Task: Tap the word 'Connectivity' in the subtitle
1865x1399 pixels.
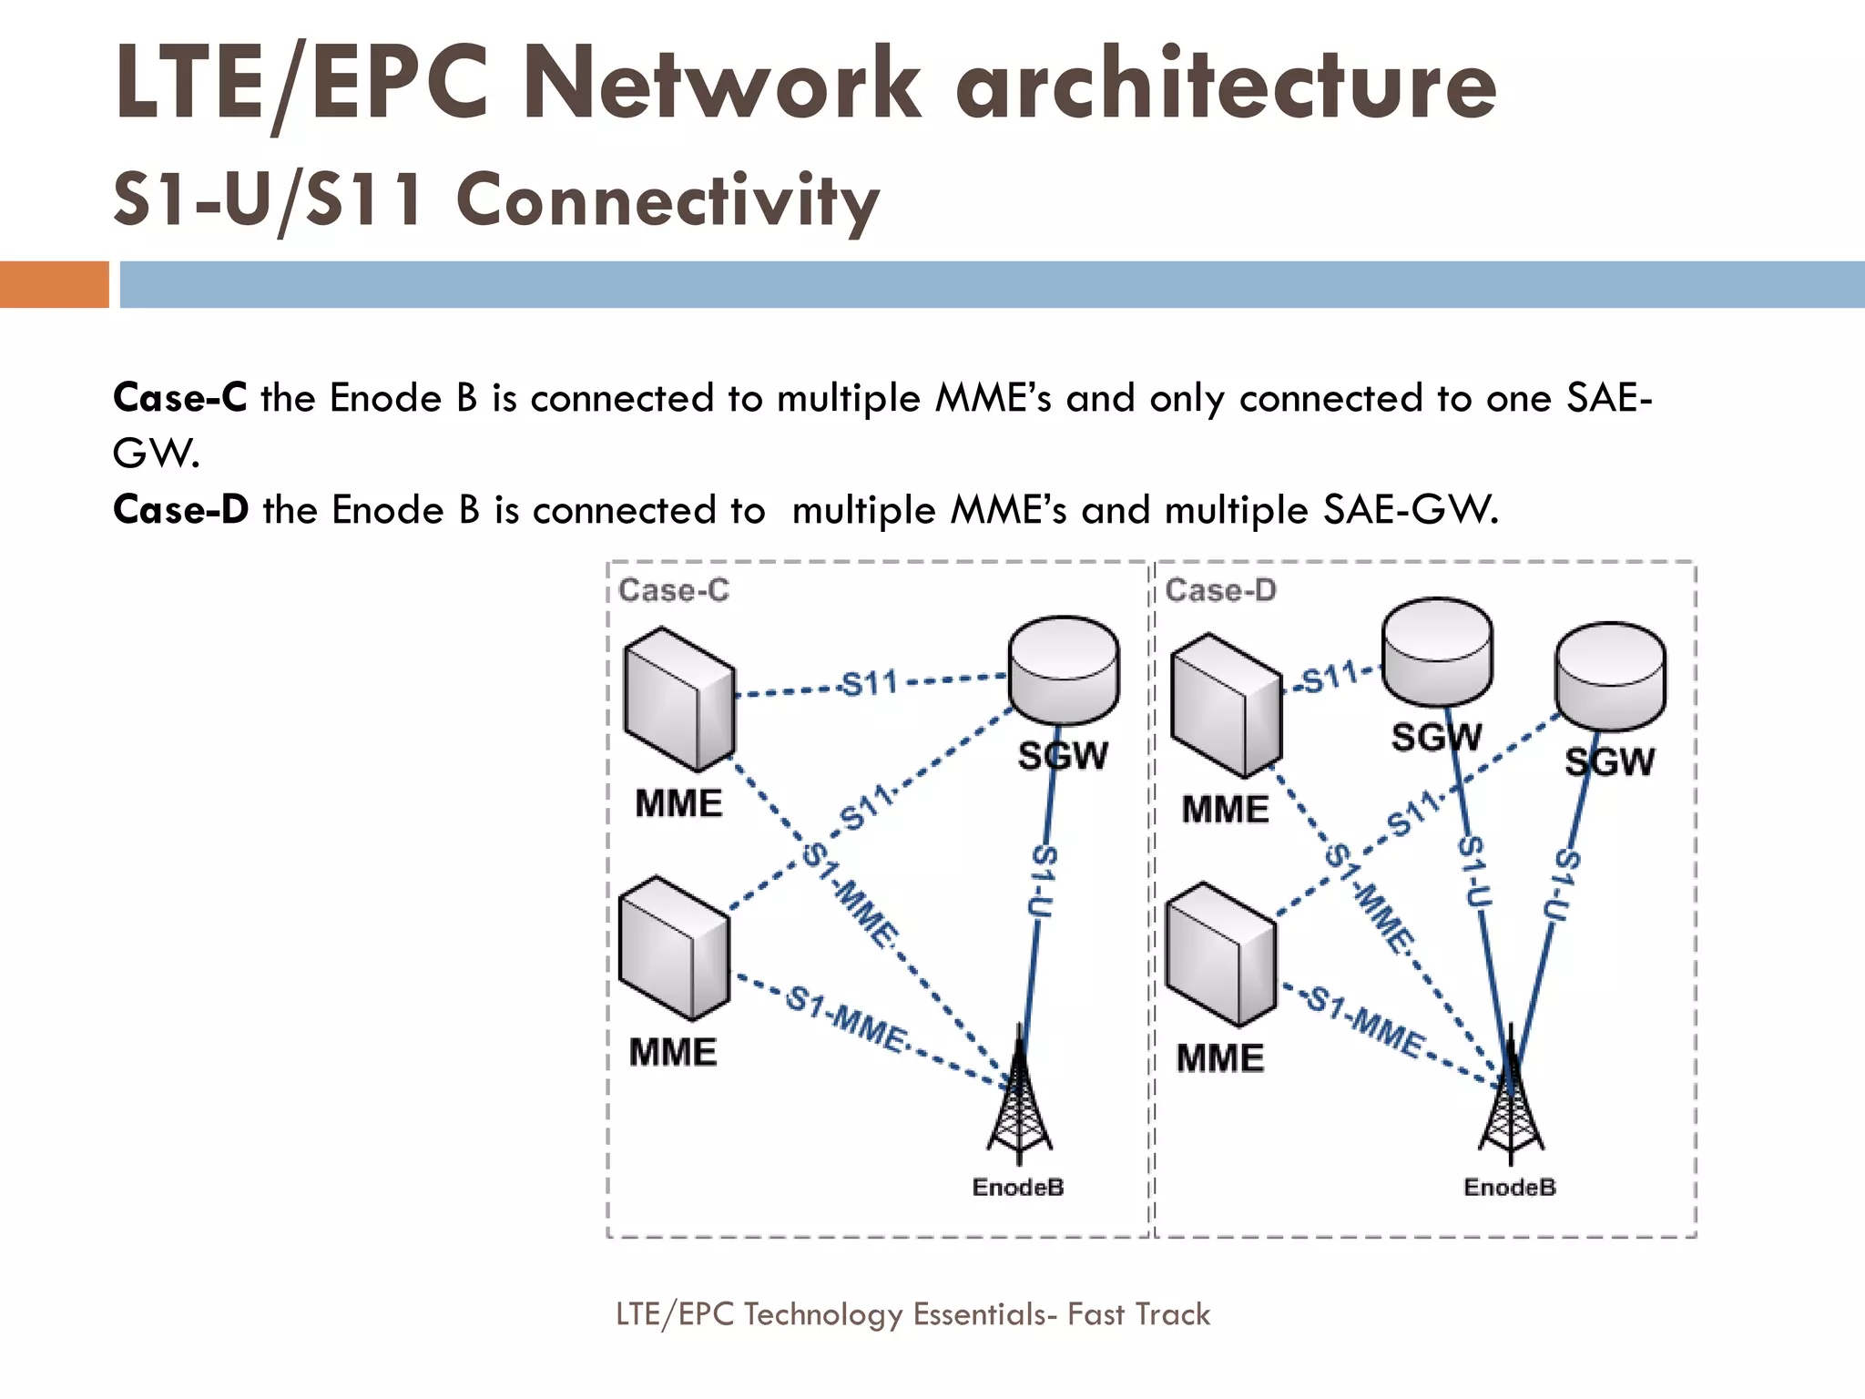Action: pyautogui.click(x=668, y=200)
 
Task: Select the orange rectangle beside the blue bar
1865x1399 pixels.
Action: pyautogui.click(x=54, y=284)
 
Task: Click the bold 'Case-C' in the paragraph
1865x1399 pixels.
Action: pyautogui.click(x=179, y=399)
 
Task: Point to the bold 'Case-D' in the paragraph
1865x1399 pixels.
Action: pyautogui.click(x=180, y=510)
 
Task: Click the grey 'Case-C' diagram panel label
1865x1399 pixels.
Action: pyautogui.click(x=674, y=590)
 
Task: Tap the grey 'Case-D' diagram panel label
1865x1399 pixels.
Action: pyautogui.click(x=1220, y=590)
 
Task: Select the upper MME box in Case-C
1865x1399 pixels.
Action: pyautogui.click(x=678, y=699)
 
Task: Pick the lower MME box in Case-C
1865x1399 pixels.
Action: pyautogui.click(x=674, y=947)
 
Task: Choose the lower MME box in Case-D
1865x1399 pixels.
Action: pyautogui.click(x=1220, y=954)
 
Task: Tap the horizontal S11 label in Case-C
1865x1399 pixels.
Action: pyautogui.click(x=869, y=683)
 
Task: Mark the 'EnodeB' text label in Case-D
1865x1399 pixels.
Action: pyautogui.click(x=1510, y=1188)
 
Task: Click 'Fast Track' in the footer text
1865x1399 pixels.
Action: pyautogui.click(x=1138, y=1314)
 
